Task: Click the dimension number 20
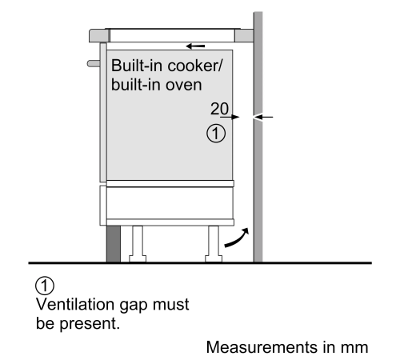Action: [219, 109]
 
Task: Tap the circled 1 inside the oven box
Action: [216, 134]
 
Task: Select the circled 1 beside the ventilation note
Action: [45, 286]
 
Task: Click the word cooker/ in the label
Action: [195, 66]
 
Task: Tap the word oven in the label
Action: [184, 85]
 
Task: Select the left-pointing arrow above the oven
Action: [195, 46]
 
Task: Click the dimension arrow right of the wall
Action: [263, 117]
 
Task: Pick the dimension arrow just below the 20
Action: [230, 117]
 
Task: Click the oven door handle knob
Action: [94, 63]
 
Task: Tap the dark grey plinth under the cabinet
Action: [114, 244]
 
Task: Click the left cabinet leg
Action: [138, 244]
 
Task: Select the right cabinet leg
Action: [214, 244]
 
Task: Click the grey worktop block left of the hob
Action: [99, 36]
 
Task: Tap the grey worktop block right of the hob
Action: [244, 36]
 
